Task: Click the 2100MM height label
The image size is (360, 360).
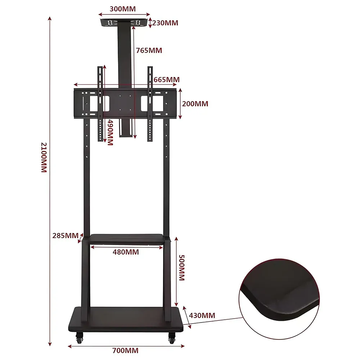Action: click(44, 158)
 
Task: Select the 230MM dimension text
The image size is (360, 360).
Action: click(165, 23)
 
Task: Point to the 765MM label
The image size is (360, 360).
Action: click(149, 50)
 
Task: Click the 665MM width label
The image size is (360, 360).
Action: click(166, 79)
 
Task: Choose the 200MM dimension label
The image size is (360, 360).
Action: click(195, 104)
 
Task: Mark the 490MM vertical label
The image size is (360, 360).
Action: click(110, 132)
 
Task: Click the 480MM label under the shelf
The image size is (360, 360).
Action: click(126, 252)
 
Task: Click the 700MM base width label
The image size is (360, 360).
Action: click(125, 350)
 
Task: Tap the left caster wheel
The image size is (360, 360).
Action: click(79, 338)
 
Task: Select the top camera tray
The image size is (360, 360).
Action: click(124, 23)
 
